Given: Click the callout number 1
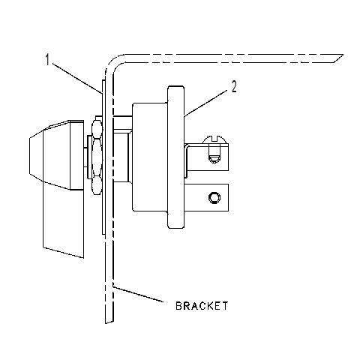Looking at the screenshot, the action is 47,60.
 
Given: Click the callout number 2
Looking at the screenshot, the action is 234,87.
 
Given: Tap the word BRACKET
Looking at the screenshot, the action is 202,306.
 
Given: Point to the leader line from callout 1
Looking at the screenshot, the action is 77,78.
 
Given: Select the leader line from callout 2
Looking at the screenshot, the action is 206,104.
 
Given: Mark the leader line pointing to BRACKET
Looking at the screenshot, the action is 138,294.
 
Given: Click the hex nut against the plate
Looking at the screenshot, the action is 97,157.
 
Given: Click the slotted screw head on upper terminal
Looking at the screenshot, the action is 215,139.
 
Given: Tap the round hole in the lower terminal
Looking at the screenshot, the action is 214,197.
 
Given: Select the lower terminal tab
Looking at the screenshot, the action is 207,197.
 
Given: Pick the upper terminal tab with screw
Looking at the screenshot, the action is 207,157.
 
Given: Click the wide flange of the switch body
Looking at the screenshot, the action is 176,157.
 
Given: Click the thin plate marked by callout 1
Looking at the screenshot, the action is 103,157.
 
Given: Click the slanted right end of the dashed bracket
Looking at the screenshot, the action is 338,58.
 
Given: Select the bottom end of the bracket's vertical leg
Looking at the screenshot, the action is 109,322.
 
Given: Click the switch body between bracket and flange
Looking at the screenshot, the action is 150,157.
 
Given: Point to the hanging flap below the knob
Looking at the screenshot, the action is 64,220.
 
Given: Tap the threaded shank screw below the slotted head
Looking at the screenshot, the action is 214,154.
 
